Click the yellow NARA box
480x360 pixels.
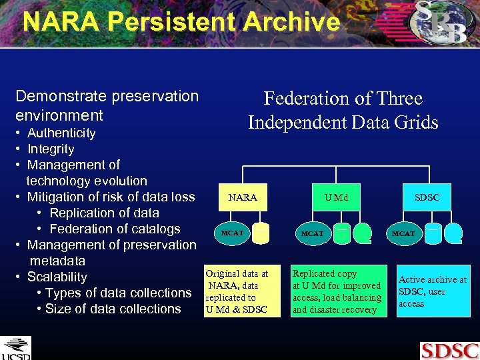(243, 197)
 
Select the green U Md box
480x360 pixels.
(336, 197)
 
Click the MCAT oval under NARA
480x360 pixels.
(232, 233)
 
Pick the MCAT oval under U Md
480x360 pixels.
(312, 233)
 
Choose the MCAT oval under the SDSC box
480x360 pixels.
(403, 233)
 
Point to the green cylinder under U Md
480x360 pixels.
(363, 233)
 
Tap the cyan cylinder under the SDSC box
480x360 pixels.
(453, 233)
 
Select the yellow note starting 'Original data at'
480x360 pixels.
(237, 291)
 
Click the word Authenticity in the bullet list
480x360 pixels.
(61, 133)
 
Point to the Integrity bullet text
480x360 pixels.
(51, 149)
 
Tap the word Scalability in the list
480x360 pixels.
(57, 277)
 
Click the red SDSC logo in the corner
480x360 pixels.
(449, 350)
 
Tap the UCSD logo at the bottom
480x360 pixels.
(15, 348)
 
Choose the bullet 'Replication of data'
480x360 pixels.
(104, 213)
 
